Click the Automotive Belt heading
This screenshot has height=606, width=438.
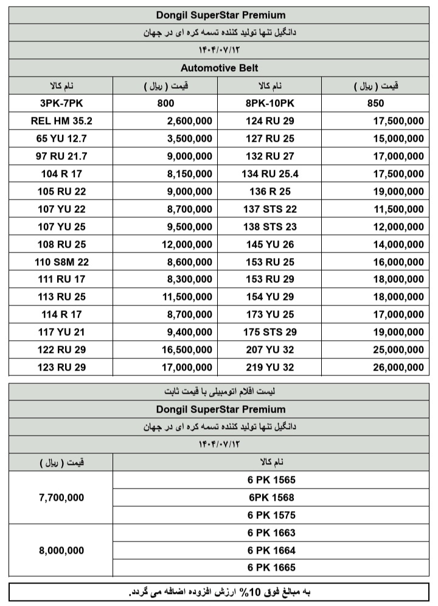[x=219, y=68]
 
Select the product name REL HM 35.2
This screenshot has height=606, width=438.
[x=61, y=121]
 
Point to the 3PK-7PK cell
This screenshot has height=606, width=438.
[x=61, y=103]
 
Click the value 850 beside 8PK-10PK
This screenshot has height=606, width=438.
[x=375, y=103]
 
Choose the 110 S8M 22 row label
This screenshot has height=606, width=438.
[x=61, y=262]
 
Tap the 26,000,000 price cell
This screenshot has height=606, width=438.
[x=398, y=368]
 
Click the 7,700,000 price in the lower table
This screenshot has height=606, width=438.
[x=61, y=498]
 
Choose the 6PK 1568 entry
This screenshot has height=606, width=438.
[x=271, y=498]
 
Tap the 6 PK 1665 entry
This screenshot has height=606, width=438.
[x=271, y=568]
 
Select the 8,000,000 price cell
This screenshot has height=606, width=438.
[x=61, y=550]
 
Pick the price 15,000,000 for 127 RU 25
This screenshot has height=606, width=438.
[x=398, y=139]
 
